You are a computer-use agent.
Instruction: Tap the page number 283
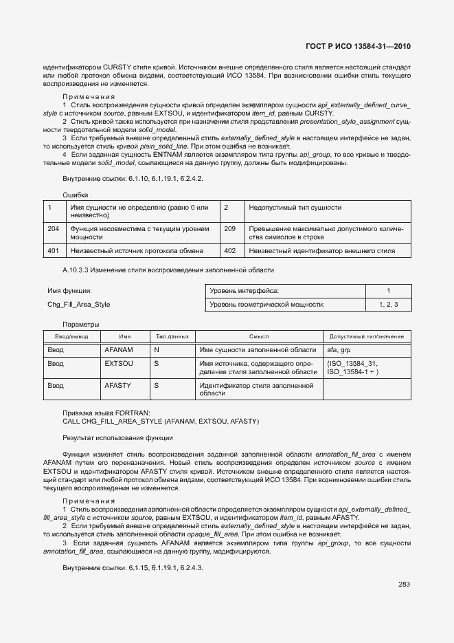pyautogui.click(x=404, y=585)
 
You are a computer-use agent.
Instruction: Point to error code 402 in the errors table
pyautogui.click(x=230, y=251)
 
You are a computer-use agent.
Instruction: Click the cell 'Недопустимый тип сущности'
pyautogui.click(x=295, y=207)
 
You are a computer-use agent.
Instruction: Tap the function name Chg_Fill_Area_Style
pyautogui.click(x=78, y=304)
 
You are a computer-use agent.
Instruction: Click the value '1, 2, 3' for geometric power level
pyautogui.click(x=388, y=304)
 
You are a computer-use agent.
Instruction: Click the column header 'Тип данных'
pyautogui.click(x=172, y=337)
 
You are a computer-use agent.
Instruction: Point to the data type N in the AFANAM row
pyautogui.click(x=157, y=350)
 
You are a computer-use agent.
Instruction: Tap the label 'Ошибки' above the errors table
pyautogui.click(x=76, y=195)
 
